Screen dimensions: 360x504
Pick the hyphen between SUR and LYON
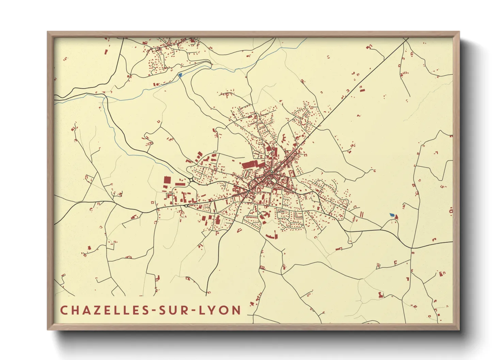[x=195, y=311]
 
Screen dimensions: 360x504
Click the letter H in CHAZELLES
[x=73, y=310]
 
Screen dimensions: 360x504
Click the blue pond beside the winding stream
[x=180, y=75]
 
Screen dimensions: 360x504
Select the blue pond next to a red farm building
[x=392, y=215]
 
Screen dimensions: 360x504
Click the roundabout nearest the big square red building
[x=191, y=180]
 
